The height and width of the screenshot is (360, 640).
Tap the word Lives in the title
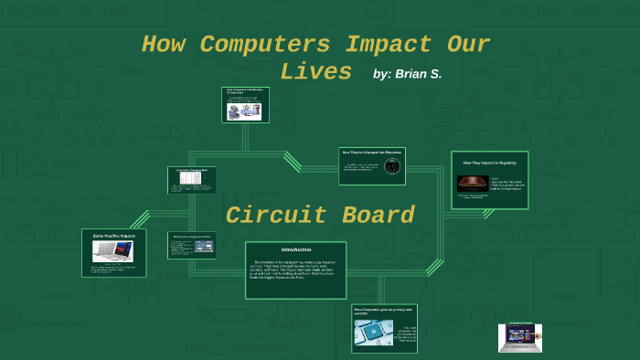point(316,71)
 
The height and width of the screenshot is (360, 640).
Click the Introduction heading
point(295,249)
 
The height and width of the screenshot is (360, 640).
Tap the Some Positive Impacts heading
point(113,236)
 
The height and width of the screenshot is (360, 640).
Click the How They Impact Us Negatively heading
point(489,163)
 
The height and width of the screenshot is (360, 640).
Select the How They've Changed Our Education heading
point(371,152)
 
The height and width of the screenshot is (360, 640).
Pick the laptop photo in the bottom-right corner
point(519,338)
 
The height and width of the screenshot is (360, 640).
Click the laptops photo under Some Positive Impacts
point(113,250)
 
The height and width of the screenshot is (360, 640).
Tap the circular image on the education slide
point(392,167)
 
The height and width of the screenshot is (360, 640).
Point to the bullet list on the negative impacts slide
point(507,183)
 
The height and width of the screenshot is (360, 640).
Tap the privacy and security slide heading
point(382,312)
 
